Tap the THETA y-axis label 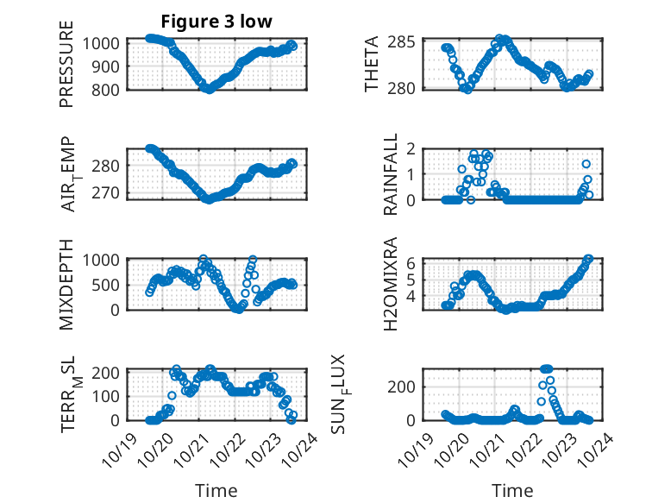tap(372, 65)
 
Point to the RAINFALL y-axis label tap(391, 175)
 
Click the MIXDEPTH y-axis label tap(66, 283)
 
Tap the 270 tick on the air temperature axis tap(110, 192)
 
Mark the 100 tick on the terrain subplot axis tap(110, 396)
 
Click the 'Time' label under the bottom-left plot tap(216, 491)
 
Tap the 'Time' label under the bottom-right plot tap(512, 491)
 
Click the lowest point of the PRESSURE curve tap(208, 89)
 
